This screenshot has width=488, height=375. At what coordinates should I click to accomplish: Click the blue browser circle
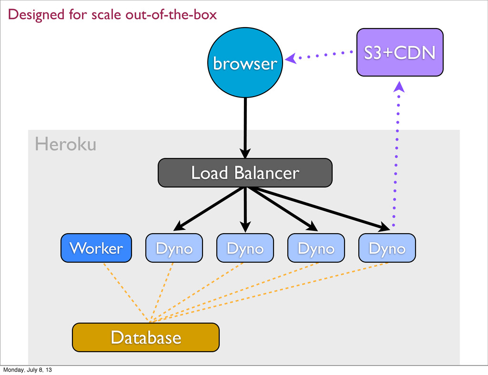(245, 62)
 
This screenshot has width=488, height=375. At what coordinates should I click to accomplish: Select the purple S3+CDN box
(400, 52)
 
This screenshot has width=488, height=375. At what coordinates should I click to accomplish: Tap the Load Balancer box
(245, 173)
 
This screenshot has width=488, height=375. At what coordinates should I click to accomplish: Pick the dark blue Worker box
(96, 248)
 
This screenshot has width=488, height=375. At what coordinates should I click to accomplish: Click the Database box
(146, 337)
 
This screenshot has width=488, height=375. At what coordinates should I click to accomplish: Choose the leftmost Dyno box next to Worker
(174, 248)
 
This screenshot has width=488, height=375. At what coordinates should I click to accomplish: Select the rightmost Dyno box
(387, 248)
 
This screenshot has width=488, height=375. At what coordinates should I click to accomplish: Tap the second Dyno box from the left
(245, 248)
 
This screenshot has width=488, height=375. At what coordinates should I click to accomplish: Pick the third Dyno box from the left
(316, 248)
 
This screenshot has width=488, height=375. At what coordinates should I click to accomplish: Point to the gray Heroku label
(65, 144)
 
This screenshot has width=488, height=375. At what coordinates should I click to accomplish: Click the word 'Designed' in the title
(36, 15)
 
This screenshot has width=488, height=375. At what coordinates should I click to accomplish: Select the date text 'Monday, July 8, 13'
(27, 370)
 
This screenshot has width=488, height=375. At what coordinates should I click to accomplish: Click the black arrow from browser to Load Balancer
(245, 128)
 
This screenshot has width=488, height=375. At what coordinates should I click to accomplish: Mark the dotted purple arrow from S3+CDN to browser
(319, 56)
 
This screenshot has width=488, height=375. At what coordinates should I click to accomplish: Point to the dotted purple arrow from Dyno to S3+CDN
(396, 154)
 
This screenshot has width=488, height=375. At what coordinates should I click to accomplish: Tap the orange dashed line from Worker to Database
(126, 292)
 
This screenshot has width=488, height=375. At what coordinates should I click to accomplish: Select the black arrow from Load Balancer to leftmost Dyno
(209, 209)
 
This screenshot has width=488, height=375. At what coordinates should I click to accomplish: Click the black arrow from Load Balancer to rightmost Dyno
(318, 208)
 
